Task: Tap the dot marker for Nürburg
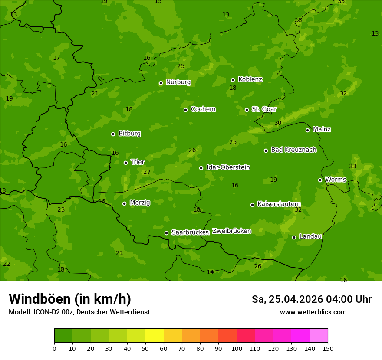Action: pos(161,83)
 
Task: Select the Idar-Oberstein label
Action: pos(228,167)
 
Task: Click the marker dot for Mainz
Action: pos(307,130)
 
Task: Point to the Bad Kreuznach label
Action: pos(293,150)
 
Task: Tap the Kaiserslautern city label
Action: pos(279,204)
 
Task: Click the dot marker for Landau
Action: pos(294,237)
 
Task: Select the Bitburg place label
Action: pos(129,134)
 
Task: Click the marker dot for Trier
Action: pos(125,163)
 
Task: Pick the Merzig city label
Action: pos(140,203)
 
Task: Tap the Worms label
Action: pos(336,180)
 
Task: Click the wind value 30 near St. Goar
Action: pos(278,123)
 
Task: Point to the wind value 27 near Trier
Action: pos(147,172)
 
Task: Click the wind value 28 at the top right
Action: pos(298,20)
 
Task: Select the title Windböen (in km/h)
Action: pos(70,299)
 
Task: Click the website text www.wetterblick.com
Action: pos(313,312)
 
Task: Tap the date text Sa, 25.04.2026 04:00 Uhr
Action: pos(311,299)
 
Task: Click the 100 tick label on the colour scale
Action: pos(237,348)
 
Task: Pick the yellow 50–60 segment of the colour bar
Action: pos(155,336)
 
